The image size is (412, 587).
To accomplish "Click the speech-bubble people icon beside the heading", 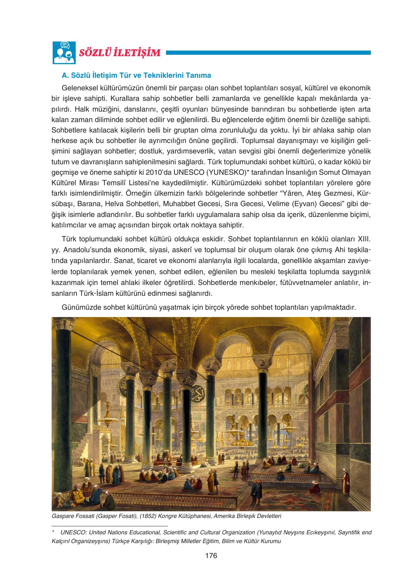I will (64, 53).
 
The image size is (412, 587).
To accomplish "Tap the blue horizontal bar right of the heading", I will (268, 53).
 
